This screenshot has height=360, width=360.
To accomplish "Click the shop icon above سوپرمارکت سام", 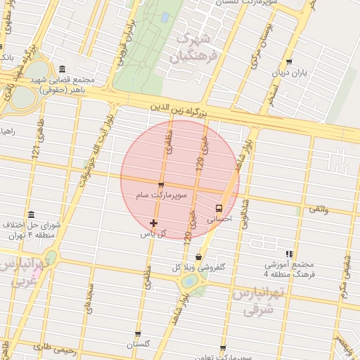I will pos(161,186).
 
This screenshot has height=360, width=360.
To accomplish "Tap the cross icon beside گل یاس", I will pos(154,223).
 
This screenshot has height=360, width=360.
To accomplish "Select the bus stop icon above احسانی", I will pos(219,208).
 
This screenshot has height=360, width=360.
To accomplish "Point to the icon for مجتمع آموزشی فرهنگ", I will pos(289,254).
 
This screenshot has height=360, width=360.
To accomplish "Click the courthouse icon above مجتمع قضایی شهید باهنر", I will pos(63,70).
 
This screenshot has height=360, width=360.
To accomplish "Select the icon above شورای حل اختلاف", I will pos(31,215).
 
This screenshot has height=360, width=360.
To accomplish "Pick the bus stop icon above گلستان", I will pos(139,333).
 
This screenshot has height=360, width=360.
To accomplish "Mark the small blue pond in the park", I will pos(165,17).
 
